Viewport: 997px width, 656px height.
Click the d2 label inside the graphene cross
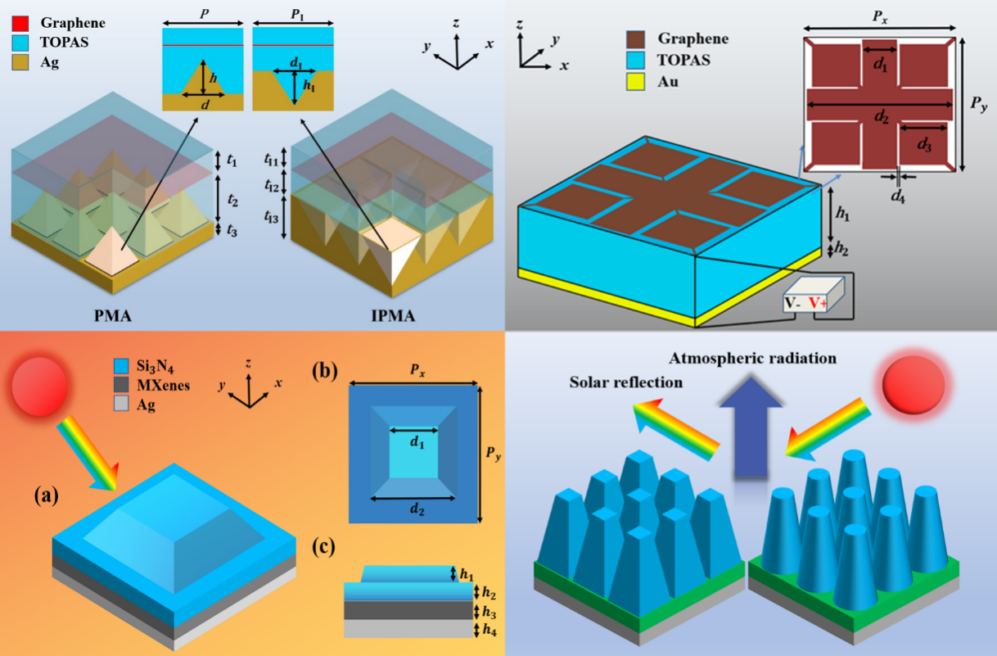click(880, 117)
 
